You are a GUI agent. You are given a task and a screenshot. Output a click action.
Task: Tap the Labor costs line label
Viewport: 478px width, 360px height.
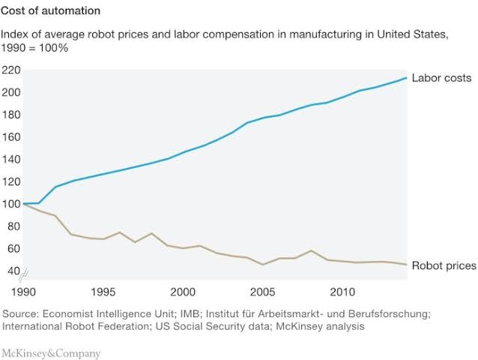pyautogui.click(x=441, y=78)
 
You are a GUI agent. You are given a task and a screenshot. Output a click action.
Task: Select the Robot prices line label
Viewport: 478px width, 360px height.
pyautogui.click(x=443, y=266)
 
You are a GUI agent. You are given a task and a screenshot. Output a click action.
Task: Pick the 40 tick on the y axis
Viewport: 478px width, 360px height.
pyautogui.click(x=13, y=270)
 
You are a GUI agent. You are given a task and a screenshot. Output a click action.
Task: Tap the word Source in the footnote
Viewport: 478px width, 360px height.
pyautogui.click(x=22, y=313)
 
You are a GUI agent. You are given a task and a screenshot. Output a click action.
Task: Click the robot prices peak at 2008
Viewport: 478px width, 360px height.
pyautogui.click(x=311, y=250)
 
